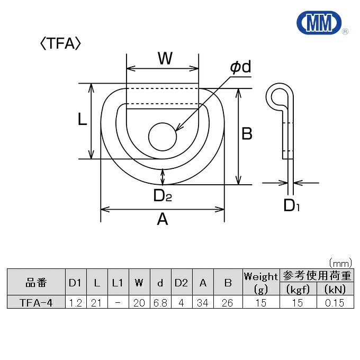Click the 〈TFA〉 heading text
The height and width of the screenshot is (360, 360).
point(60,44)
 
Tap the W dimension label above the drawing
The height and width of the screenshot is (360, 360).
point(165,59)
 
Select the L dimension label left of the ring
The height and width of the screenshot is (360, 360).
point(82,120)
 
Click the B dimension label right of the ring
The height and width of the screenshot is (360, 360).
point(247,134)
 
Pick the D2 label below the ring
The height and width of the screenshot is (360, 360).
point(163,196)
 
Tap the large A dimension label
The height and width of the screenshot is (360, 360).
point(163,219)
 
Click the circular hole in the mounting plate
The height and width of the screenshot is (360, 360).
point(161,137)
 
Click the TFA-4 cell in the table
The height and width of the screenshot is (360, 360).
point(36,303)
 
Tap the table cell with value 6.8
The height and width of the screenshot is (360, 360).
point(160,303)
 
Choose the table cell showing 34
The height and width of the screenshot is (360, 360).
point(203,303)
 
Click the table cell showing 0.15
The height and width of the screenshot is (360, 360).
point(335,303)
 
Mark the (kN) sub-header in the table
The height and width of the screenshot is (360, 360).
point(335,290)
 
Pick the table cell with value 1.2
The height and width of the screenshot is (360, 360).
point(75,303)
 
